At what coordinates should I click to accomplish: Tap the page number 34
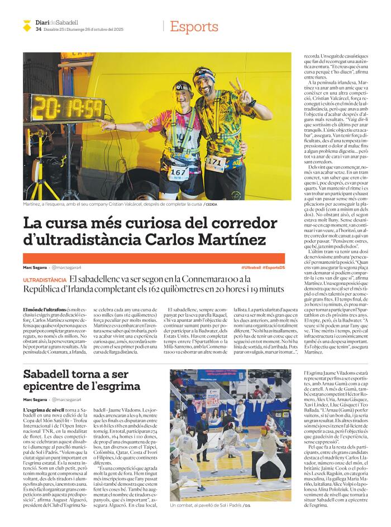pyautogui.click(x=38, y=30)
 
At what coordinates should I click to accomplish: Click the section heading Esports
pyautogui.click(x=194, y=26)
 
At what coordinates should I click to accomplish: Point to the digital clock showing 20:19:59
pyautogui.click(x=65, y=108)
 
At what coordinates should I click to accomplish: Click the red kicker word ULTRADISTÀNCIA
pyautogui.click(x=45, y=280)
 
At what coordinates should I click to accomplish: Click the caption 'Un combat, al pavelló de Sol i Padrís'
pyautogui.click(x=204, y=505)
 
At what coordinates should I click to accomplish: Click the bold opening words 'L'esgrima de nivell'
pyautogui.click(x=41, y=410)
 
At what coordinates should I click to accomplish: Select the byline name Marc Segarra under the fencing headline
pyautogui.click(x=35, y=400)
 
